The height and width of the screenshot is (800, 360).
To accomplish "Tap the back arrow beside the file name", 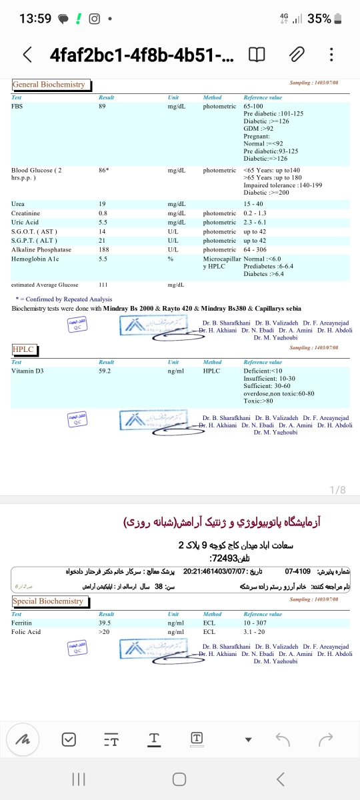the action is pyautogui.click(x=27, y=55).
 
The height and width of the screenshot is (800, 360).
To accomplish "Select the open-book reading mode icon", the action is pyautogui.click(x=256, y=55).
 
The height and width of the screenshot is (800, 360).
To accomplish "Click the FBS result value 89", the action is pyautogui.click(x=102, y=107).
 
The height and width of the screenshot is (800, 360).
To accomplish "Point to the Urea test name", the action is pyautogui.click(x=18, y=203).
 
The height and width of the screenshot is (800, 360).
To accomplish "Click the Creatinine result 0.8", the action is pyautogui.click(x=103, y=213).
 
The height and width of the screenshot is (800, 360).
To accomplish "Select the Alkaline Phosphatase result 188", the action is pyautogui.click(x=103, y=249).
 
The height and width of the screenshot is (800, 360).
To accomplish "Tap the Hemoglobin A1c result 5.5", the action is pyautogui.click(x=103, y=258).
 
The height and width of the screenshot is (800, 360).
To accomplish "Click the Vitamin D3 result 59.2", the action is pyautogui.click(x=104, y=371).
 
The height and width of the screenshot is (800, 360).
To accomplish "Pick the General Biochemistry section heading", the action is pyautogui.click(x=49, y=85).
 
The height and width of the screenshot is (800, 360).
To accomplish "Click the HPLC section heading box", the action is pyautogui.click(x=23, y=349).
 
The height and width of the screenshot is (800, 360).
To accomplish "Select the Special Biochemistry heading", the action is pyautogui.click(x=48, y=601).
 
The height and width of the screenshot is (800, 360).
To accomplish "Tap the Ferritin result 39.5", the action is pyautogui.click(x=104, y=623).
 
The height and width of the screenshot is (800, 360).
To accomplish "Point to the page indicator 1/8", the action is pyautogui.click(x=339, y=490).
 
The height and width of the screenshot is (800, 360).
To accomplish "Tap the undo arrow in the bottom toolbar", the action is pyautogui.click(x=283, y=738).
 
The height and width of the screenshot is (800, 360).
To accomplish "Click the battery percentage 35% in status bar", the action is pyautogui.click(x=319, y=19).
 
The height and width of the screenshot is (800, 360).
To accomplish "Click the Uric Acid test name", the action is pyautogui.click(x=25, y=222).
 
